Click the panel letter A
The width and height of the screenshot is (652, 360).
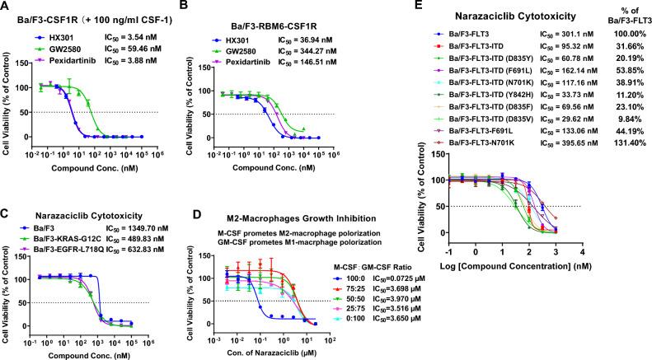click(6, 7)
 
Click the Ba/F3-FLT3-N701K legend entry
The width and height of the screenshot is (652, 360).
click(480, 165)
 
